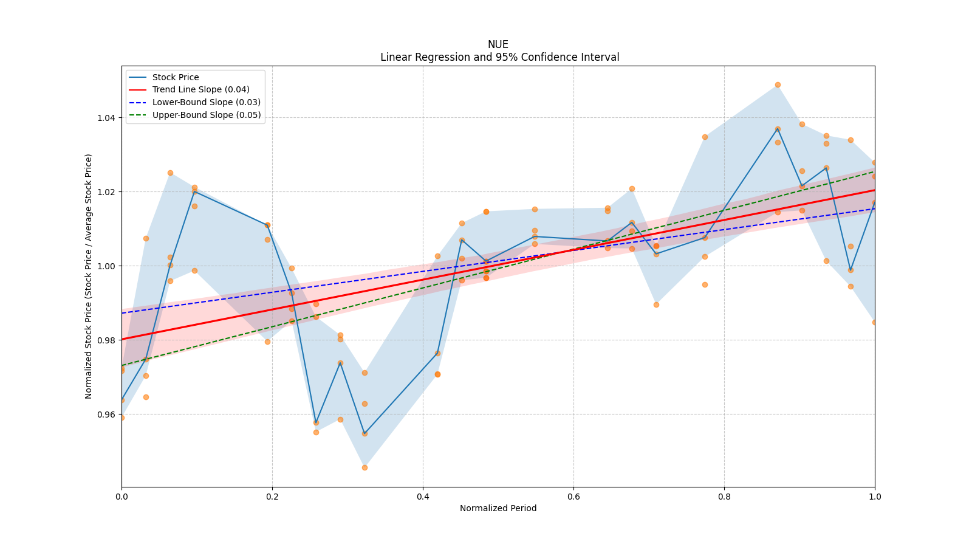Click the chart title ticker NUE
498,44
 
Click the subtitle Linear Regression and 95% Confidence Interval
499,57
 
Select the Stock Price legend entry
176,77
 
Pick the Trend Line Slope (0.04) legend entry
200,89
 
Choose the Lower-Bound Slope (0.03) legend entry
206,102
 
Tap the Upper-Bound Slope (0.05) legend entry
207,115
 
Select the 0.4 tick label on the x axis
423,497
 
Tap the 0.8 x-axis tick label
724,497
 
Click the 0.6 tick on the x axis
573,497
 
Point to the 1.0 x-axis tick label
875,497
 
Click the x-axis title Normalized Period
498,508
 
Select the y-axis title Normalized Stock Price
89,276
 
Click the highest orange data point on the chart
778,85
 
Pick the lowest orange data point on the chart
364,467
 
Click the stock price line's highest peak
778,129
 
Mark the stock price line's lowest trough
364,434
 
